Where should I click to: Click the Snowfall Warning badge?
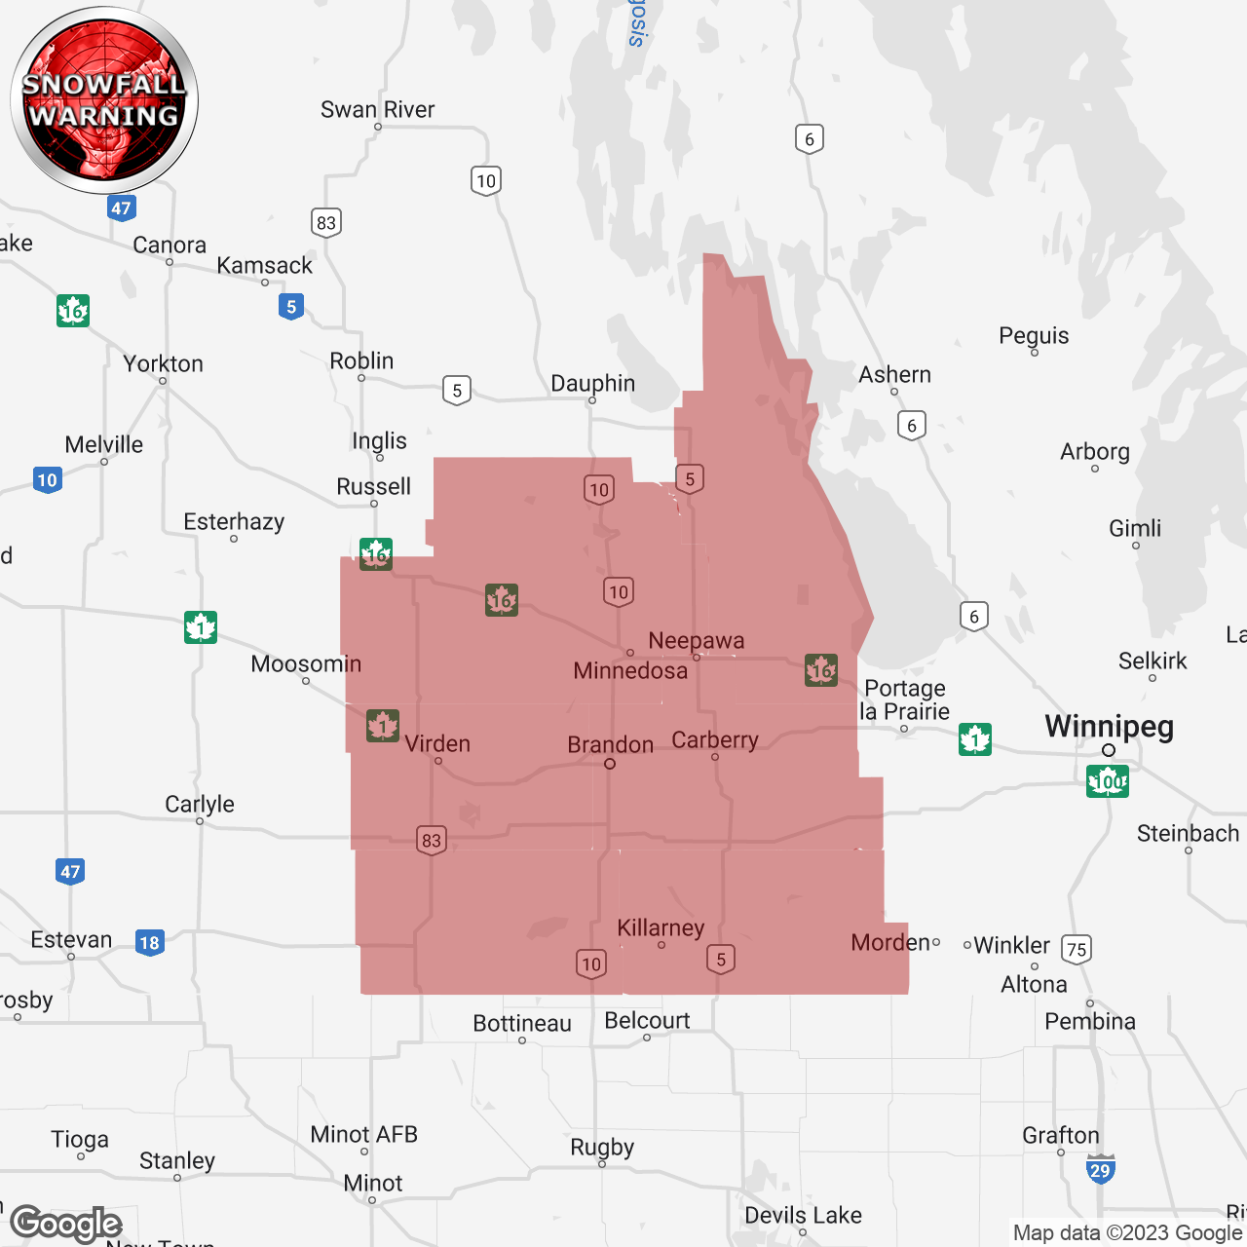pyautogui.click(x=104, y=100)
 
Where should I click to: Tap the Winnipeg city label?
pyautogui.click(x=1109, y=727)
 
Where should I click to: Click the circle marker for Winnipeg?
pyautogui.click(x=1109, y=750)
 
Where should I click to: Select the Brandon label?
pyautogui.click(x=611, y=745)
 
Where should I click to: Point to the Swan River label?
pyautogui.click(x=378, y=110)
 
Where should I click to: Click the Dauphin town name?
pyautogui.click(x=592, y=384)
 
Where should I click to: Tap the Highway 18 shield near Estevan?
pyautogui.click(x=149, y=942)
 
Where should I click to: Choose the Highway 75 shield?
pyautogui.click(x=1077, y=949)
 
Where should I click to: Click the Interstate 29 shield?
pyautogui.click(x=1100, y=1170)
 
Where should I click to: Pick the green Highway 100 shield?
pyautogui.click(x=1108, y=781)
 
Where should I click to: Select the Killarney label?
pyautogui.click(x=661, y=928)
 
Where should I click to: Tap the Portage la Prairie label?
pyautogui.click(x=905, y=699)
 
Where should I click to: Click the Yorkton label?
pyautogui.click(x=164, y=364)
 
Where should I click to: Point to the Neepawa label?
pyautogui.click(x=697, y=641)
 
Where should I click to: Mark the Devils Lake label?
pyautogui.click(x=803, y=1216)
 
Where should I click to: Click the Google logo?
pyautogui.click(x=66, y=1224)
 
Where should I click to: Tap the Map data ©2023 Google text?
pyautogui.click(x=1128, y=1233)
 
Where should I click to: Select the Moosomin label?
pyautogui.click(x=306, y=664)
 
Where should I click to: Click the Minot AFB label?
pyautogui.click(x=363, y=1135)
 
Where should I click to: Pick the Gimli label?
pyautogui.click(x=1135, y=529)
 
